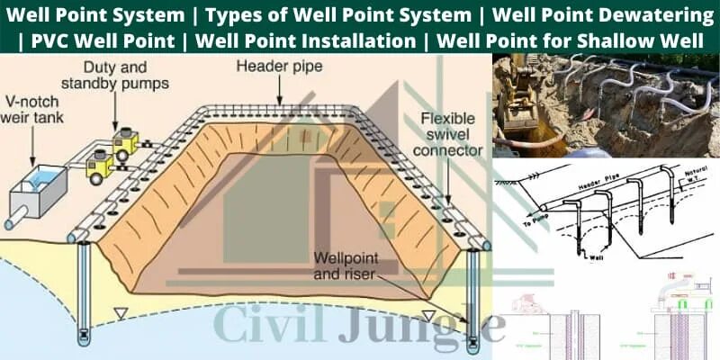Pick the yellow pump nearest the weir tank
pos(97,165)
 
